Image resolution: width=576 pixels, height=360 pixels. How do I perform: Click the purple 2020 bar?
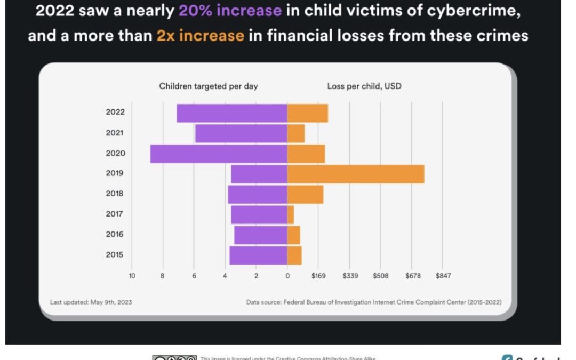(219, 154)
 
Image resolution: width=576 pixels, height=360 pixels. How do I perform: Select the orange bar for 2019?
(356, 174)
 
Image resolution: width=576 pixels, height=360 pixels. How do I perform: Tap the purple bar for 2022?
(232, 113)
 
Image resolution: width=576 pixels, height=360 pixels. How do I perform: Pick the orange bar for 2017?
(291, 214)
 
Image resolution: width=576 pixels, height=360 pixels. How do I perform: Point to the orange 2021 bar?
(296, 133)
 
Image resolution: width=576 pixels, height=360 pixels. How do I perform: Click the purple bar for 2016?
(261, 235)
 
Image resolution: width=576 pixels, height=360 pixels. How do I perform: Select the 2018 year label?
(115, 194)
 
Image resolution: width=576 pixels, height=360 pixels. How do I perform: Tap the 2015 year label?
(115, 254)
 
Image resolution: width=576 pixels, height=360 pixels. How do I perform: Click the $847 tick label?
(443, 276)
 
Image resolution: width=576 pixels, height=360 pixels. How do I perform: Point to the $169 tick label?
(318, 276)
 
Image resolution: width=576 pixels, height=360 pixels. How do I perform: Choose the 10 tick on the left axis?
(132, 276)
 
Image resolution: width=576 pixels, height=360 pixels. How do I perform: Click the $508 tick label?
(380, 276)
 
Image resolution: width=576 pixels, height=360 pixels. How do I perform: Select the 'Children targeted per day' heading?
(209, 86)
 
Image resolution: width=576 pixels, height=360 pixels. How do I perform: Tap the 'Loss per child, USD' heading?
(364, 86)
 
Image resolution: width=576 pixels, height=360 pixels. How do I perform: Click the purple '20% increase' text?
(230, 10)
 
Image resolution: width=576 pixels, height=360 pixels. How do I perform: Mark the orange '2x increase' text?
(200, 36)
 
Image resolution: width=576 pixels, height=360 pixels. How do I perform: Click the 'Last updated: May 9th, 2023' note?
(91, 302)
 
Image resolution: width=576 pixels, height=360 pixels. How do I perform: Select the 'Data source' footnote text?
(373, 302)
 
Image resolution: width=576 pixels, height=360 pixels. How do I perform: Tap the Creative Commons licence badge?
(174, 358)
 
